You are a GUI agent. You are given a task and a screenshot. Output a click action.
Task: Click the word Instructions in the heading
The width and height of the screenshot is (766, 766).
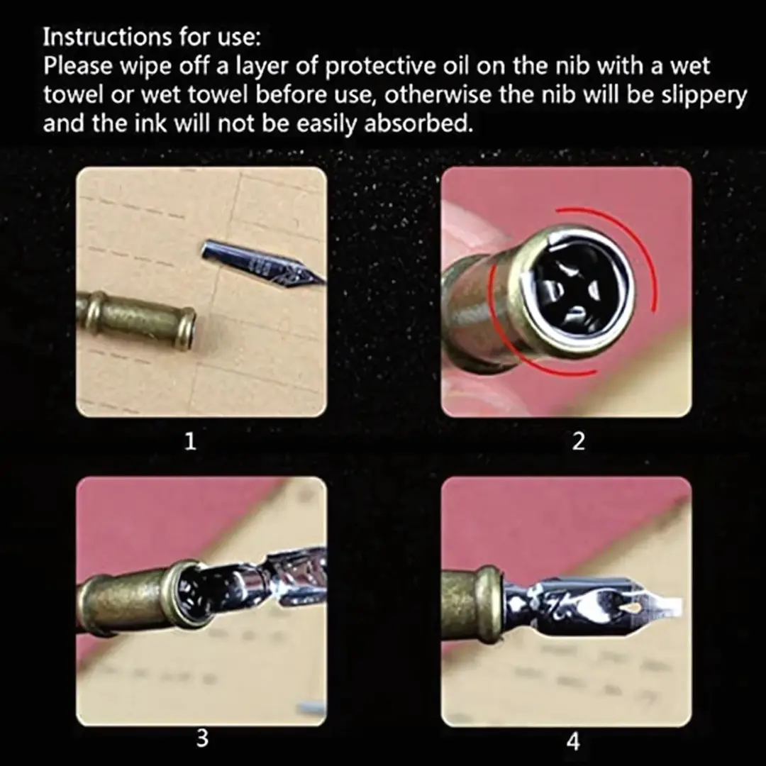106,37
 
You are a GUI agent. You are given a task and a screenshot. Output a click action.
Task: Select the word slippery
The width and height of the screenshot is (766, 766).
704,95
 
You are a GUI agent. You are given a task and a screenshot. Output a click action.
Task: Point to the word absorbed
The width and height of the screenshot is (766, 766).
418,123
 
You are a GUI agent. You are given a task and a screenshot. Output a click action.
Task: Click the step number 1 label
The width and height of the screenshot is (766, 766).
190,442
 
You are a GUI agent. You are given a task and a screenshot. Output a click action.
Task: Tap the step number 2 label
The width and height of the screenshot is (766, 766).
578,442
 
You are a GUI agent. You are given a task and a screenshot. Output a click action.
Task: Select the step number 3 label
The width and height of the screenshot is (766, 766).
202,738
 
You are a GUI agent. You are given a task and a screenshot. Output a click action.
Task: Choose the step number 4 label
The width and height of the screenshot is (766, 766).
573,742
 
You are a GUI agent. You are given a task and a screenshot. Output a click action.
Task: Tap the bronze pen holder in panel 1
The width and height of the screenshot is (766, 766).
137,320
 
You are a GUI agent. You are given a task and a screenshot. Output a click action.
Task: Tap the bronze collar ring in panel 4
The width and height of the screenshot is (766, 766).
489,605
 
